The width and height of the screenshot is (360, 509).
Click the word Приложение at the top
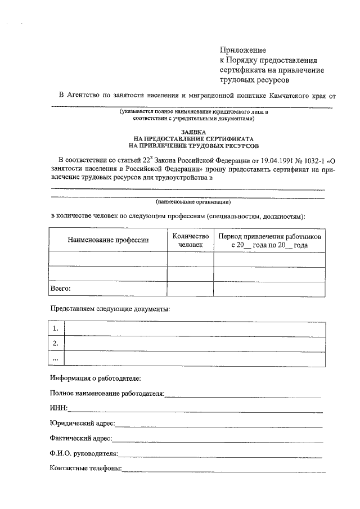click(242, 50)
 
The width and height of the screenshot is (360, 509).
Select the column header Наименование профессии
click(108, 240)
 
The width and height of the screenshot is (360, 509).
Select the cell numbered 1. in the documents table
click(56, 328)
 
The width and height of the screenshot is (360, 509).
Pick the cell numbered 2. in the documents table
click(56, 343)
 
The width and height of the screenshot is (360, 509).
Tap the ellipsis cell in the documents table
click(56, 358)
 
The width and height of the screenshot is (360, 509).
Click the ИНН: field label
click(58, 407)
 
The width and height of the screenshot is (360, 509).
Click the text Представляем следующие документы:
click(109, 309)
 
